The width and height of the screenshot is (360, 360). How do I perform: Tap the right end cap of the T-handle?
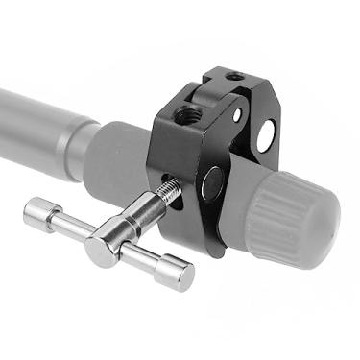click(x=178, y=275)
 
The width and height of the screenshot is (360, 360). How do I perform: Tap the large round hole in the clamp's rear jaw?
click(x=264, y=134)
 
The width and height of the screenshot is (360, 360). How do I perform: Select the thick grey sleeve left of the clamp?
click(x=120, y=158)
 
